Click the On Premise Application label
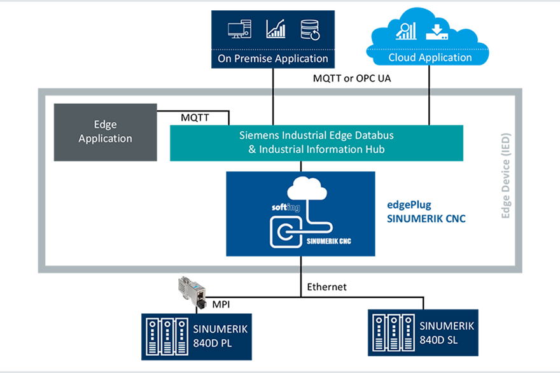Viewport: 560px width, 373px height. click(273, 59)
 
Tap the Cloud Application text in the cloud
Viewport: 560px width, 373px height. click(430, 57)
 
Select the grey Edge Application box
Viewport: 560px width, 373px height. click(105, 132)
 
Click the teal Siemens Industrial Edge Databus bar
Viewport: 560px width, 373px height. click(316, 142)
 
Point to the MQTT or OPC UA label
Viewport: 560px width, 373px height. click(352, 79)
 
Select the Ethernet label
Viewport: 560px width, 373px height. click(326, 287)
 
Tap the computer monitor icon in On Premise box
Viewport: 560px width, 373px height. click(237, 29)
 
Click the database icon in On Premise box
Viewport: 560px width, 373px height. click(310, 29)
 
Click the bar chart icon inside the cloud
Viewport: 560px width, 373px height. click(406, 31)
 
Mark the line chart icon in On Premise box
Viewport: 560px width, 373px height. click(276, 29)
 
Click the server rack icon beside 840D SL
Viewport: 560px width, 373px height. click(393, 332)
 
